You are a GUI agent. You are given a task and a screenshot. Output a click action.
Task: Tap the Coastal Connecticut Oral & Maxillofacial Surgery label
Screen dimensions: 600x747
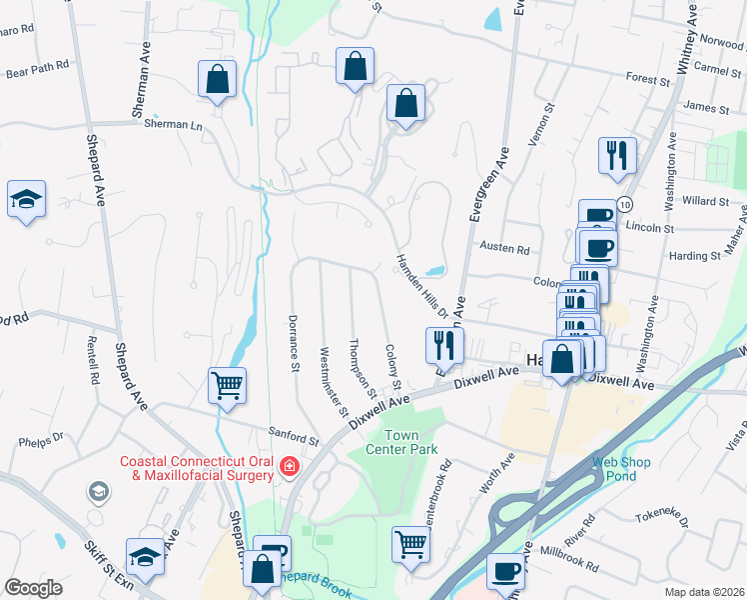tap(196, 468)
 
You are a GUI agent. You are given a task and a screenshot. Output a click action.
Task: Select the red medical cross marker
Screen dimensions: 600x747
tap(289, 466)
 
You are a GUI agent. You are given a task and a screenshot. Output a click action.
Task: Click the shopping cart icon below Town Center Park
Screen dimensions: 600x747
tap(410, 545)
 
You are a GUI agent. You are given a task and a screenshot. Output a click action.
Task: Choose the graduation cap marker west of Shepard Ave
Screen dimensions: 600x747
tap(26, 199)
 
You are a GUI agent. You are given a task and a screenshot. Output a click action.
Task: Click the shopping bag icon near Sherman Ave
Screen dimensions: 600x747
tap(216, 79)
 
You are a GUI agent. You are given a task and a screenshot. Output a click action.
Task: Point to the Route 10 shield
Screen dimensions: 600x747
tap(625, 204)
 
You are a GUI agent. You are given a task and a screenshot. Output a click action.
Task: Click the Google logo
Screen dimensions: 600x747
tap(33, 588)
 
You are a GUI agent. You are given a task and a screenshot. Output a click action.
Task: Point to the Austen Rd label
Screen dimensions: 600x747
tap(503, 247)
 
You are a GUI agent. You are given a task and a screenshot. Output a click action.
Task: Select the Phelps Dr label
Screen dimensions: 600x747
tap(41, 438)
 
